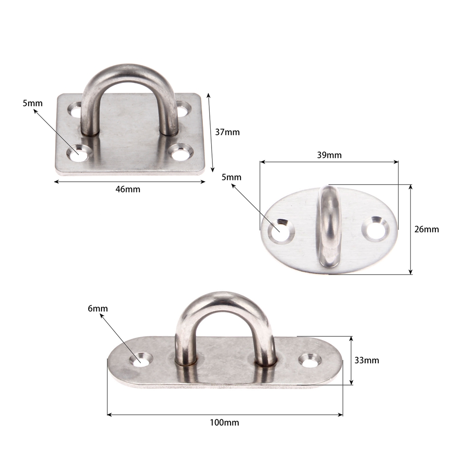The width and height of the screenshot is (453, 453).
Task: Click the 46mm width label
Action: (128, 189)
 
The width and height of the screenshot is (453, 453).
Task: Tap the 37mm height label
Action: (227, 132)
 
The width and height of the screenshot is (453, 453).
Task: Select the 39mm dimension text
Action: (329, 155)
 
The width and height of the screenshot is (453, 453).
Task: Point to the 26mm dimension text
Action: (426, 229)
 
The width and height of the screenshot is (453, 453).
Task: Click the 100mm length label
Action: (225, 423)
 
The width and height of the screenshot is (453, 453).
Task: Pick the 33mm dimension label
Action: (366, 360)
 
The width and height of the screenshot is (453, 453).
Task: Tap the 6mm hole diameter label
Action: (98, 308)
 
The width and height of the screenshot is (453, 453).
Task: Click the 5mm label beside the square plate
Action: (33, 103)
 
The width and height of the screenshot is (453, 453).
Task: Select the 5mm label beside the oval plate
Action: (231, 177)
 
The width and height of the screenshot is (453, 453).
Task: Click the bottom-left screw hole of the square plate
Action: (78, 153)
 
